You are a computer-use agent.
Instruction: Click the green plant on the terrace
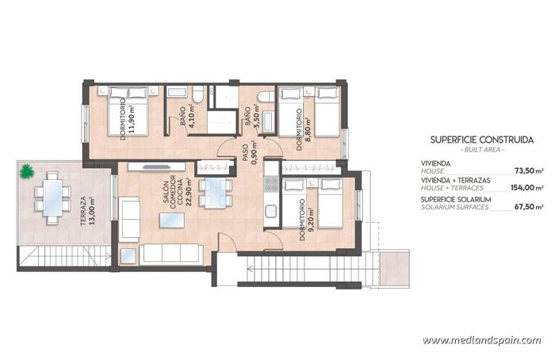pyautogui.click(x=28, y=170)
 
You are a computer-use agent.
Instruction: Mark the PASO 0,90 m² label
pyautogui.click(x=246, y=151)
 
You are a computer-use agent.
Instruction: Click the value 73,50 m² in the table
pyautogui.click(x=529, y=170)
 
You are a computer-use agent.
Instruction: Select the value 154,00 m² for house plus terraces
pyautogui.click(x=527, y=188)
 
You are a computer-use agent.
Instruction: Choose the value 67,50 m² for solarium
pyautogui.click(x=529, y=206)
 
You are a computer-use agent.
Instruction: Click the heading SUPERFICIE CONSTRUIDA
pyautogui.click(x=481, y=140)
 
